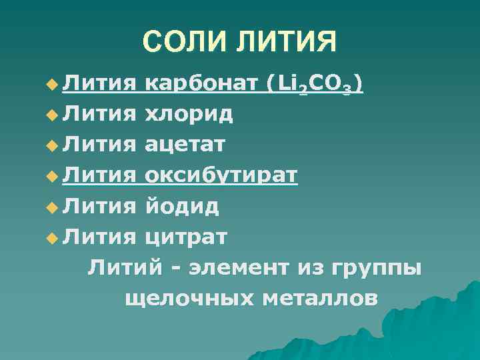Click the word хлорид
(x=189, y=114)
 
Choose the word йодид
(x=182, y=206)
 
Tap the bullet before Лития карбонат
(x=52, y=85)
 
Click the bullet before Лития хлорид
(x=52, y=115)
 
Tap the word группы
(x=383, y=269)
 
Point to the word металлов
(x=320, y=298)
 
